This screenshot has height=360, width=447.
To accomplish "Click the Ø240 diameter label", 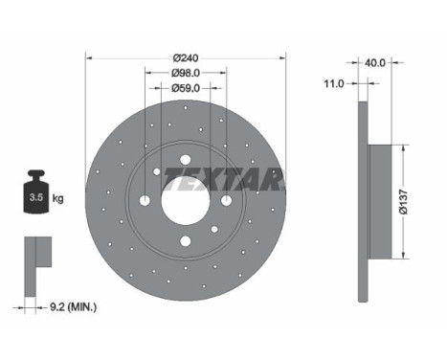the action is [186, 58].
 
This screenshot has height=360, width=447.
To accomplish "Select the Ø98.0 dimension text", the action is [186, 73].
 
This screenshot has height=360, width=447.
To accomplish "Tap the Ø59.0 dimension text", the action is [186, 88].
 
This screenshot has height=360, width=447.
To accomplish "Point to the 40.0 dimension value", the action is [375, 63].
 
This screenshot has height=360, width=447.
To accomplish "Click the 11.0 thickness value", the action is [334, 84].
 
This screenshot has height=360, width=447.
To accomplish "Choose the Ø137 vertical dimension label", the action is [403, 202].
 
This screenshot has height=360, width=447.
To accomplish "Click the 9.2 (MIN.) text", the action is [74, 307].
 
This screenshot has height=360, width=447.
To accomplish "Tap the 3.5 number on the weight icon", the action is [36, 197].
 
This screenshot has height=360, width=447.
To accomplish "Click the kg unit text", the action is [57, 198].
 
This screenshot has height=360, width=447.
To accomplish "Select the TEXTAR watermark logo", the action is [223, 179].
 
